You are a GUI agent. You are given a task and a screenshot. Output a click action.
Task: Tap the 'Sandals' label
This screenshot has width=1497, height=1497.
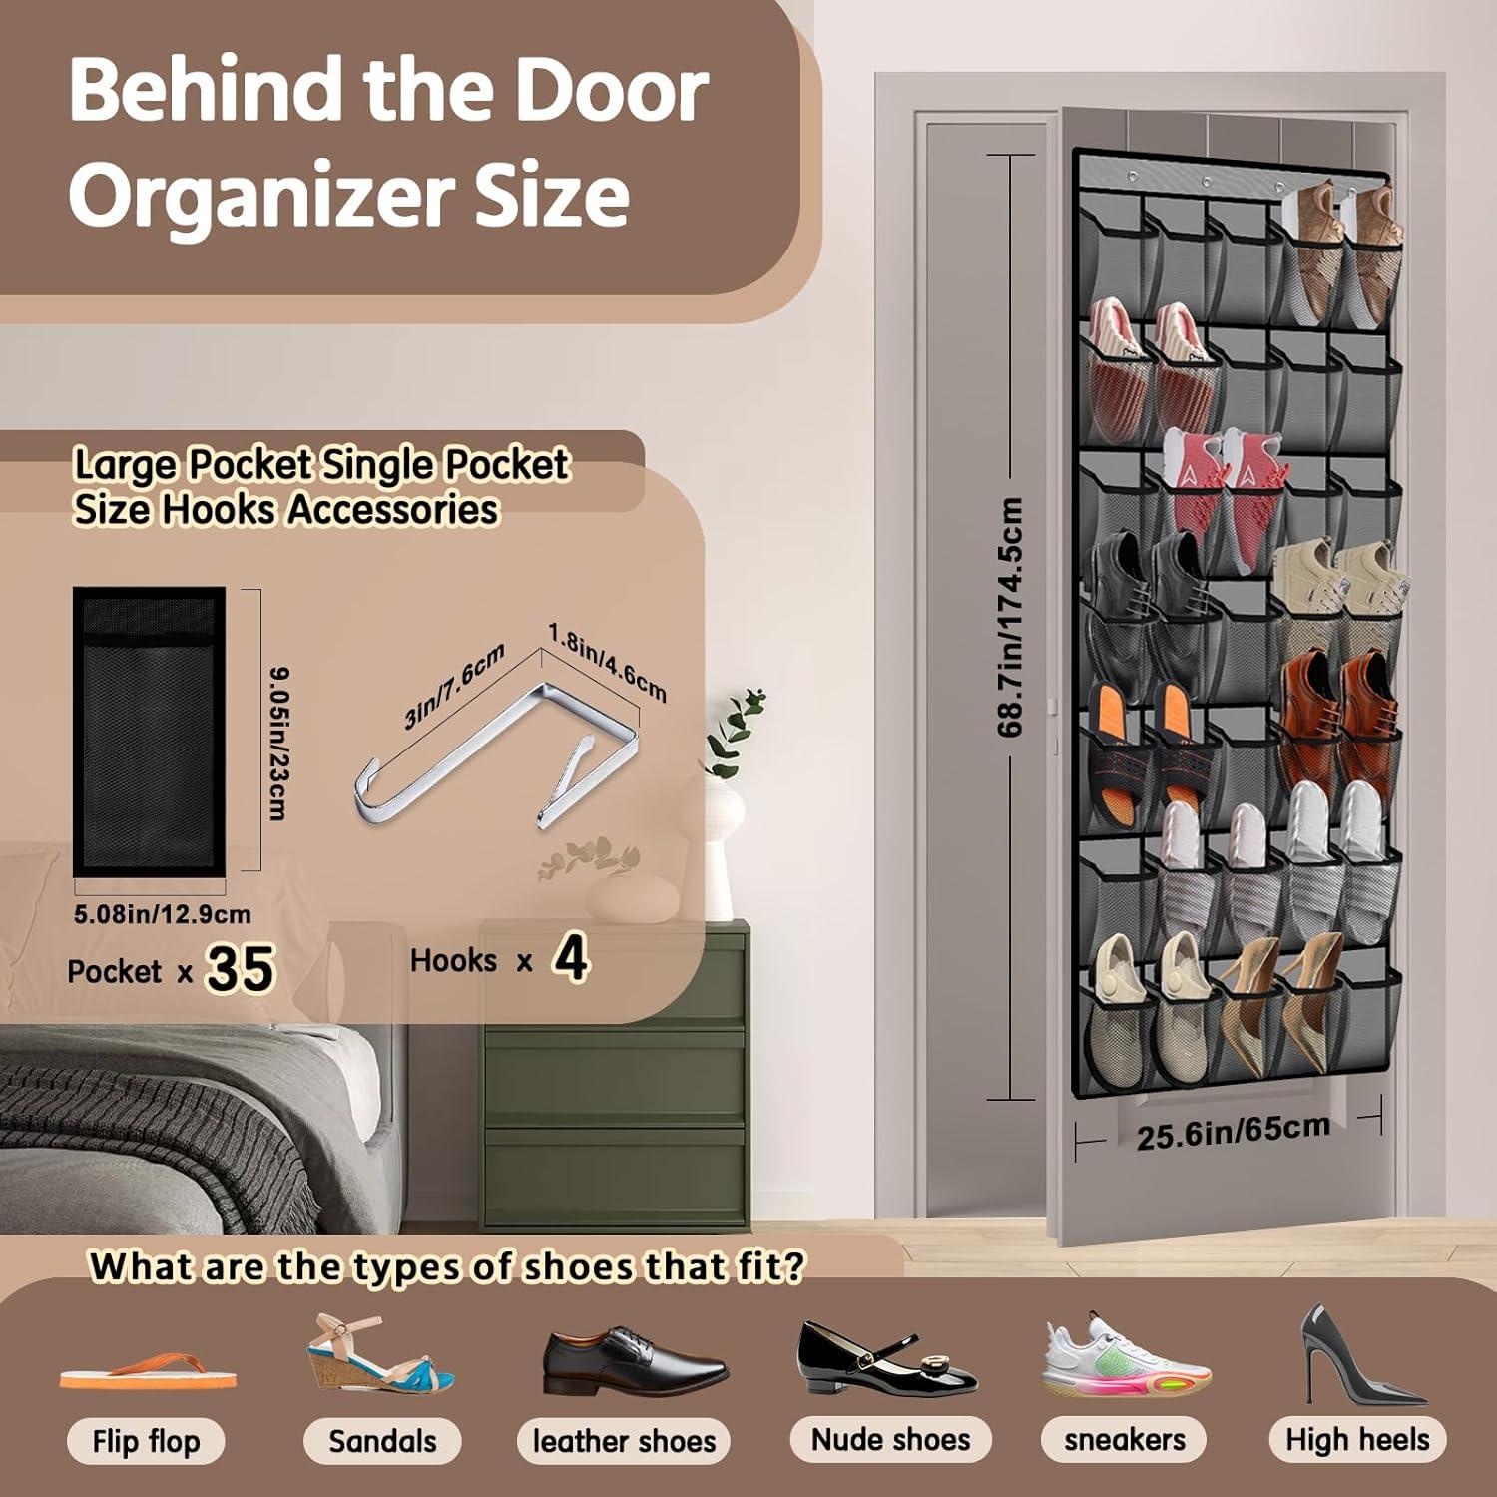coord(382,1441)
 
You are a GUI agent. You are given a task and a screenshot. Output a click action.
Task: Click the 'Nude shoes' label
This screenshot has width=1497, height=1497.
coord(890,1439)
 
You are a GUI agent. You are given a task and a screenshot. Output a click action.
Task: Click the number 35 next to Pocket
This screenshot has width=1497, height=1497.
coord(240,968)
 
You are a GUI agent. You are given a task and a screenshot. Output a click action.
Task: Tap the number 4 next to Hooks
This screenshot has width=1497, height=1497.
coord(570,959)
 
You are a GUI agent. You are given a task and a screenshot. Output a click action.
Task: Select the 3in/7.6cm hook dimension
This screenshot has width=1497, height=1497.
coord(454,686)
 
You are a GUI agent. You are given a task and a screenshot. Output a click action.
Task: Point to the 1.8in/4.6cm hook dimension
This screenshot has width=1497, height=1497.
coord(607,662)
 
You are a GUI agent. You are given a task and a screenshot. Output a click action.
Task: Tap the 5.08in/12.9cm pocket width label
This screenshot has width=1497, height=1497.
coord(163,914)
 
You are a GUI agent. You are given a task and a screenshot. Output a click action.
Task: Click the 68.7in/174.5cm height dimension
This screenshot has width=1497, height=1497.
coord(1010,617)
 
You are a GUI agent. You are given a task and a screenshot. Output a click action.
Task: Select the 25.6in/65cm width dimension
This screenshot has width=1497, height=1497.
coord(1233,1131)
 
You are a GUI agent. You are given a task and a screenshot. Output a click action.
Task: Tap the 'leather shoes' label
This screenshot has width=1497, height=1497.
coord(624,1441)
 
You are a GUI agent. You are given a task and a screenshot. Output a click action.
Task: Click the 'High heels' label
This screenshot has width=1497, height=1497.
coord(1357,1439)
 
